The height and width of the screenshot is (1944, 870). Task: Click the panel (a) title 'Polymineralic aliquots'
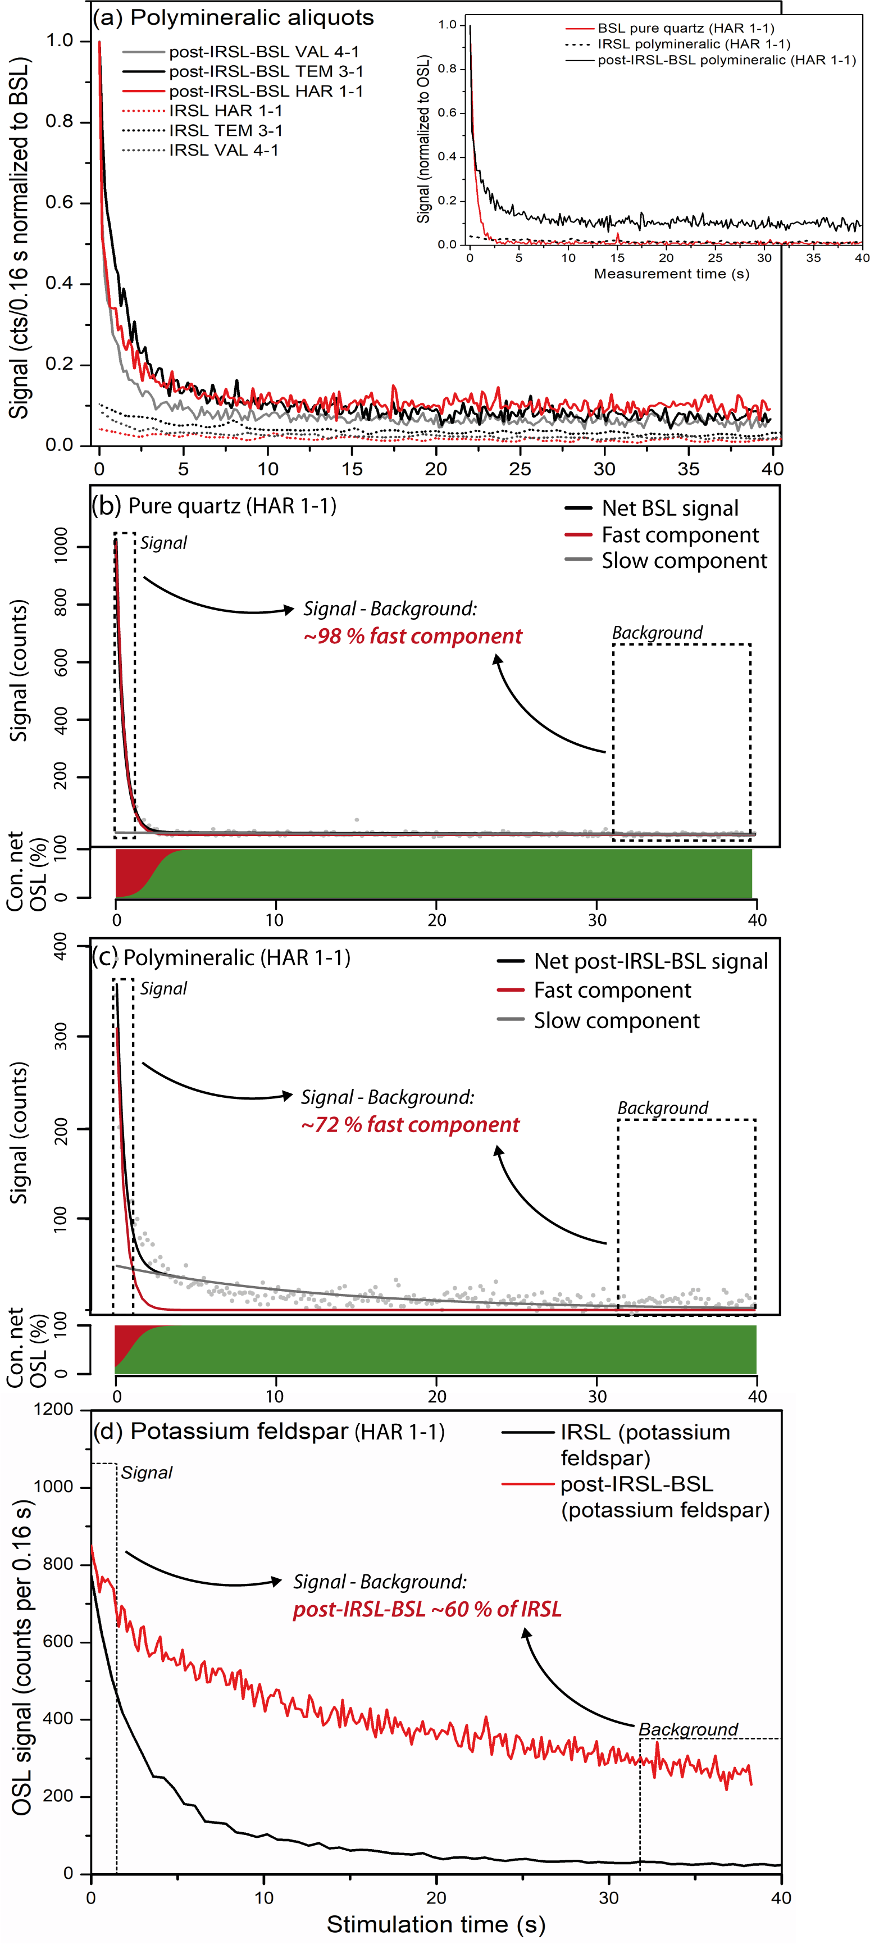coord(251,17)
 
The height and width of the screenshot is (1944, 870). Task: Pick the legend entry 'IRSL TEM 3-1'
coord(226,130)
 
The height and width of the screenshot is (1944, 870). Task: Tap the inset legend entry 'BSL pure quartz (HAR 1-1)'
coord(685,29)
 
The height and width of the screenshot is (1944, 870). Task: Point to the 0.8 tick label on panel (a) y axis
coord(60,121)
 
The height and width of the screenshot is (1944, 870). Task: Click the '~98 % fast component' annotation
coord(412,636)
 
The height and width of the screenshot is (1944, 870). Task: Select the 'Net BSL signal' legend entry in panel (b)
coord(669,508)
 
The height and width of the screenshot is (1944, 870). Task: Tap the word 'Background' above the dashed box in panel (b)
coord(657,633)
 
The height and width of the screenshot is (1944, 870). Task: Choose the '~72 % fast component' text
coord(409,1124)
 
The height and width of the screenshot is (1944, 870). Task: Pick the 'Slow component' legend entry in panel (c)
coord(616,1020)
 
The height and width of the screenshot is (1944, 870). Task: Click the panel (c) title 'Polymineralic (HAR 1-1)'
coord(236,957)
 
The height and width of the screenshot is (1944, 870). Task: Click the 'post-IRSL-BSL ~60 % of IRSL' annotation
coord(427,1609)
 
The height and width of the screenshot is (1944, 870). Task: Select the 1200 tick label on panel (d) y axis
coord(54,1409)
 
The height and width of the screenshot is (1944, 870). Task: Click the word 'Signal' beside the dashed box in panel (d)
coord(147,1473)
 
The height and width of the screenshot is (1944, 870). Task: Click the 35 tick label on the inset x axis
coord(813,257)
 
